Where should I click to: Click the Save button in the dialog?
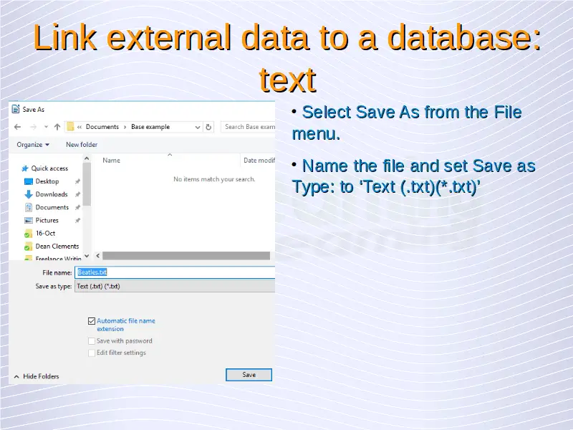point(249,375)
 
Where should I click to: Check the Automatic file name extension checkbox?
point(92,321)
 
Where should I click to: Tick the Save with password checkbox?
point(92,341)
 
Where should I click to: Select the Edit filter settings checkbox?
point(92,353)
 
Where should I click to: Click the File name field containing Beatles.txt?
point(175,272)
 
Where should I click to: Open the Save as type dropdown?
point(175,286)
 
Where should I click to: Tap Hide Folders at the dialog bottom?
point(37,376)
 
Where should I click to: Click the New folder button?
point(82,145)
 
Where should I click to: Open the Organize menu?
point(33,145)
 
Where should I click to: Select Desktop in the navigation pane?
point(47,181)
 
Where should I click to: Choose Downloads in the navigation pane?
point(52,194)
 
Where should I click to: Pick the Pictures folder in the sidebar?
point(47,220)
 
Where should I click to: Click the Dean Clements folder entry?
point(57,246)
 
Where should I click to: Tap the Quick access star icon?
point(25,168)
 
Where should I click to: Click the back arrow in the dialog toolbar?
point(17,127)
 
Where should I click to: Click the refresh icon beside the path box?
point(208,127)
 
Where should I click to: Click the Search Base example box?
point(248,127)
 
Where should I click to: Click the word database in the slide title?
point(464,38)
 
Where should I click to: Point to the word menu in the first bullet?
point(316,134)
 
